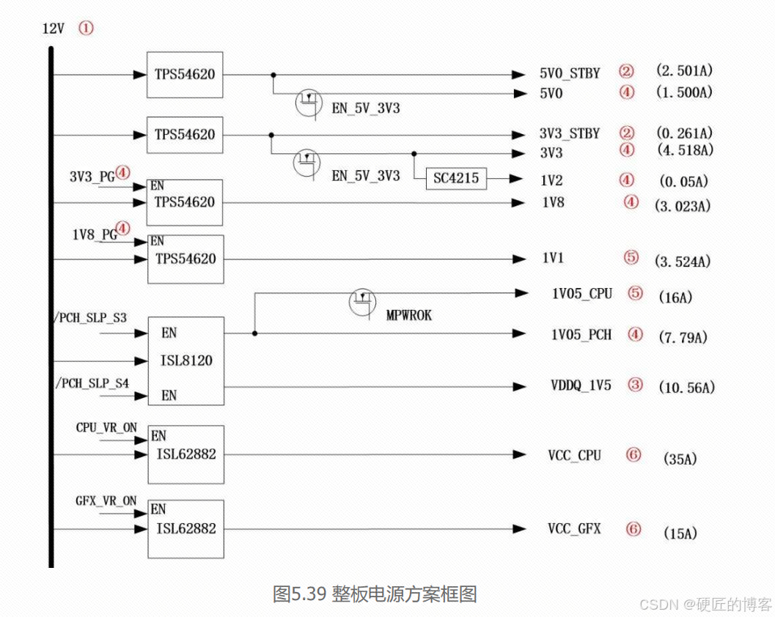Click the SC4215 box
click(455, 178)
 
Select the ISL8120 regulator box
click(186, 361)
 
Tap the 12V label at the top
click(54, 29)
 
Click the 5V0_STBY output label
click(569, 73)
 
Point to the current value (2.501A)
click(684, 71)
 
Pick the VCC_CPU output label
click(574, 455)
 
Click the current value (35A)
click(680, 459)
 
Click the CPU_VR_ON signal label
click(106, 427)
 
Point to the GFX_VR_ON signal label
click(106, 501)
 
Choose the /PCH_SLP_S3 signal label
click(91, 318)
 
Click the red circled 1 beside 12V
click(87, 29)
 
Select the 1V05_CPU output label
click(581, 293)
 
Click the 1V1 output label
click(552, 258)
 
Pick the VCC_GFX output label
click(574, 528)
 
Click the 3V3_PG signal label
click(92, 176)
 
